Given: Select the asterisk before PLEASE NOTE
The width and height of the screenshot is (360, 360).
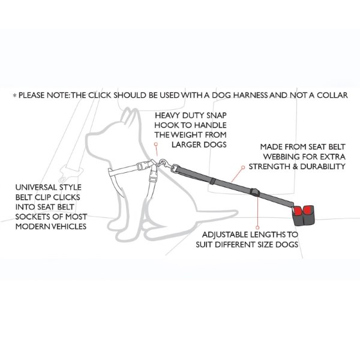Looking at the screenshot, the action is (x=15, y=95).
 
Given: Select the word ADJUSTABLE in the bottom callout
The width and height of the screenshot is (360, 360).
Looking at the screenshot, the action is (x=225, y=235).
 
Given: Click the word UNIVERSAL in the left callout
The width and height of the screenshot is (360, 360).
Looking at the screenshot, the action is (x=36, y=187).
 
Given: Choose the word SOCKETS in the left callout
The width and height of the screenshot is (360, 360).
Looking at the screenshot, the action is (x=31, y=217).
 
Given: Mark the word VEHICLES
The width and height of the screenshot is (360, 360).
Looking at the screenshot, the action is (x=68, y=227).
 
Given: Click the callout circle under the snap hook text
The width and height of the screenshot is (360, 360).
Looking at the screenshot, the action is (x=156, y=144).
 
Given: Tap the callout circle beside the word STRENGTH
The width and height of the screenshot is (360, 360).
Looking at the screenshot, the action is (x=243, y=167).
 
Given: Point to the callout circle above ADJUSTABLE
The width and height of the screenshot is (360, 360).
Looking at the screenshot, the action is (x=257, y=227).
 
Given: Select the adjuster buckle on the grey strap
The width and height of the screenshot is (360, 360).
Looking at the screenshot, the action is (x=255, y=193).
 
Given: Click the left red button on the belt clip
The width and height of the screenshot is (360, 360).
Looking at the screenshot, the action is (x=298, y=210).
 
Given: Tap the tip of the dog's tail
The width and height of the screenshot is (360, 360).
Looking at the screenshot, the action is (x=237, y=212).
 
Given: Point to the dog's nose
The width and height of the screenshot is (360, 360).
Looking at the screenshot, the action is (x=87, y=139).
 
